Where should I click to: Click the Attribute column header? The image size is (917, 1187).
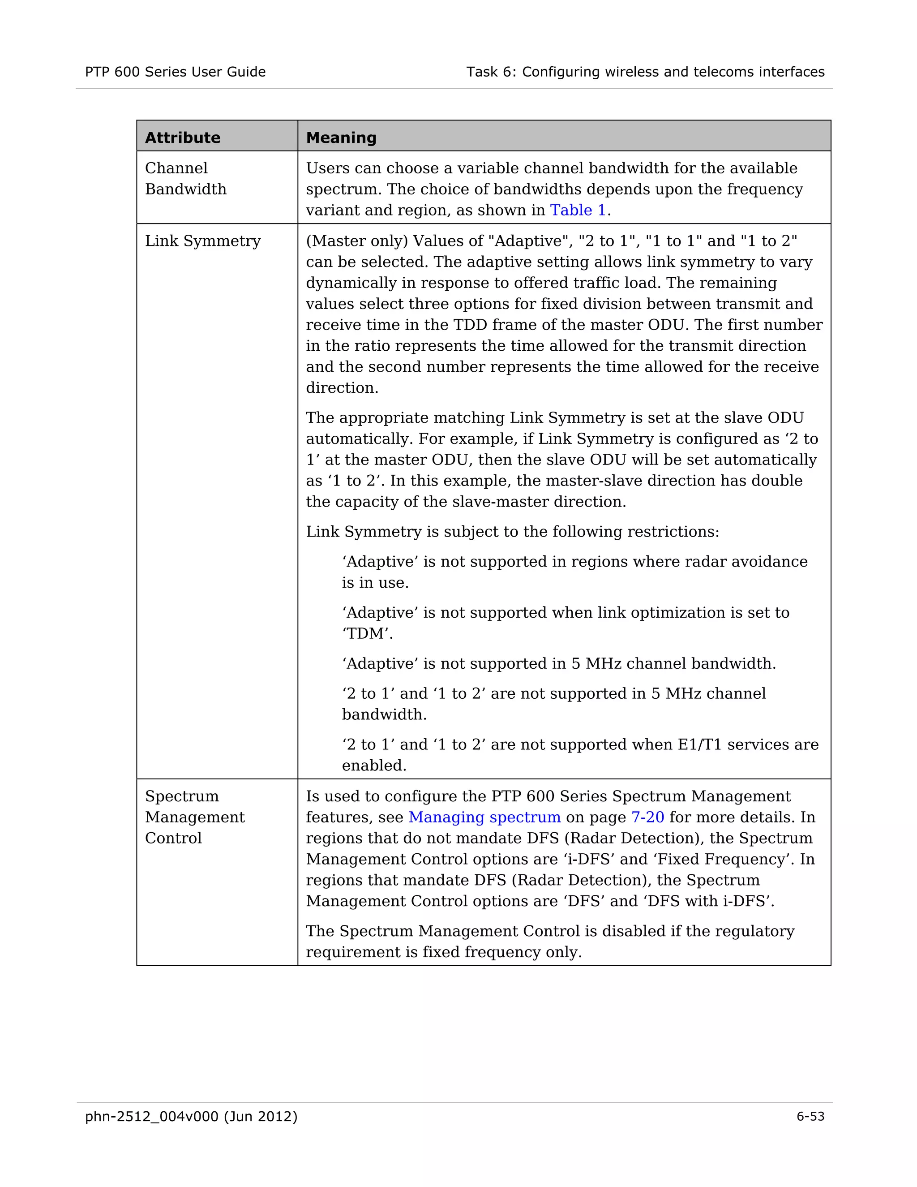tap(183, 138)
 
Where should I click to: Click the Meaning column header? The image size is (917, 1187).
tap(341, 138)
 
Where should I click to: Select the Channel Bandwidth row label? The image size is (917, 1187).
tap(185, 178)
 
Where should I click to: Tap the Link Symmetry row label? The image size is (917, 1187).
tap(203, 241)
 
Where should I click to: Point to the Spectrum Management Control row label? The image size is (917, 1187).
tap(194, 817)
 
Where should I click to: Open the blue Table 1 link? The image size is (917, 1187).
tap(578, 211)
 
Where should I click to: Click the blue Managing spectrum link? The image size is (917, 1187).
tap(484, 817)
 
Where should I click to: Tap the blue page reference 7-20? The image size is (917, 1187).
tap(647, 817)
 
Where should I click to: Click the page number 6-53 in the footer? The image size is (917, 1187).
tap(810, 1116)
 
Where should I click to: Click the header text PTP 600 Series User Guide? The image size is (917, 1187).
tap(175, 72)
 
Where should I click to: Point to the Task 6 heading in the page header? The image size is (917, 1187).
tap(645, 72)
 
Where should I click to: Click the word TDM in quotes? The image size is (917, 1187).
tap(367, 634)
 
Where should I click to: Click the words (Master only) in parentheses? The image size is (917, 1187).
tap(357, 241)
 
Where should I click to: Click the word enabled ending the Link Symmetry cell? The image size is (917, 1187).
tap(373, 766)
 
